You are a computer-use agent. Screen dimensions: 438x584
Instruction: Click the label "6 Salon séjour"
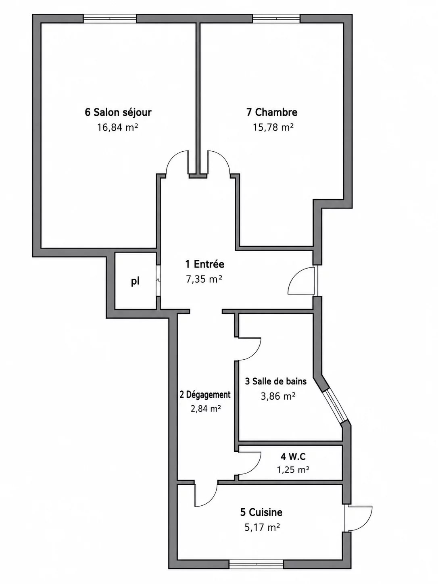click(118, 112)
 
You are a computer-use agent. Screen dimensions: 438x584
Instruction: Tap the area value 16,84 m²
click(117, 128)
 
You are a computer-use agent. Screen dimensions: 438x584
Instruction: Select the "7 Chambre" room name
click(272, 112)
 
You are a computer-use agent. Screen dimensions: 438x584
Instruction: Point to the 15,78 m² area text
click(273, 128)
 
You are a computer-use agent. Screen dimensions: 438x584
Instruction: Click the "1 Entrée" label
click(205, 264)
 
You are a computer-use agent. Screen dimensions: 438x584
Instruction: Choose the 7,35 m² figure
click(204, 279)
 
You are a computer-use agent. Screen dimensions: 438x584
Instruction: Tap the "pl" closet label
click(135, 282)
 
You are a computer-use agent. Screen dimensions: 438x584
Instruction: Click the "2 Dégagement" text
click(205, 395)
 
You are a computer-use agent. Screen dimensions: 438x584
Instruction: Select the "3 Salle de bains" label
click(275, 382)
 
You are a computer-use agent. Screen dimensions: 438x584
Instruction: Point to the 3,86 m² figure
click(278, 396)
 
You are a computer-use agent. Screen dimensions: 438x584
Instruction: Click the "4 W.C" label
click(293, 457)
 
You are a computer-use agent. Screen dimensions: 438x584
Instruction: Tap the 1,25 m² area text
click(293, 470)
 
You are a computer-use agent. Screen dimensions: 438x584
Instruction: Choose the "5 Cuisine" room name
click(261, 512)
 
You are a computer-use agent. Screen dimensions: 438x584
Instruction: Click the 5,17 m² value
click(262, 527)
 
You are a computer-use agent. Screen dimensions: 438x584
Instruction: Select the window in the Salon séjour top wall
click(110, 19)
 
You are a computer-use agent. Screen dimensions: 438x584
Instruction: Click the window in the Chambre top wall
click(276, 19)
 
